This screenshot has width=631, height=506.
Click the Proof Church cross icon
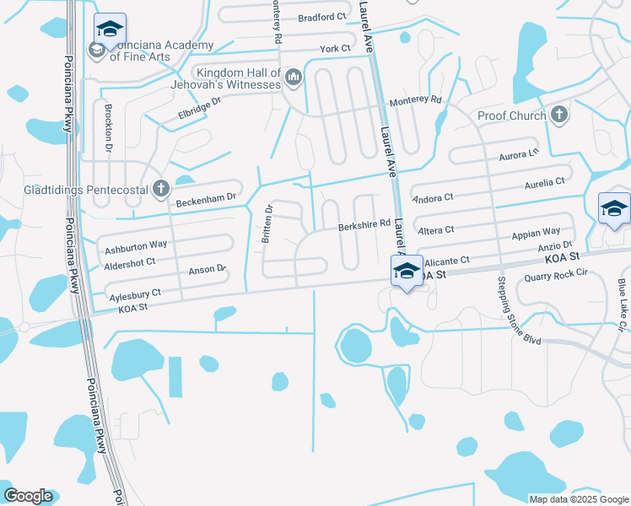pos(558,115)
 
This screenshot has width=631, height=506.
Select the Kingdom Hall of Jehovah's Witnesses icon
pos(294,78)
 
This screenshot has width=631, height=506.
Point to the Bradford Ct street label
pos(321,16)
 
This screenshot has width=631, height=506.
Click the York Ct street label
pos(335,49)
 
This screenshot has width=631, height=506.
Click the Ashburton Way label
pos(135,247)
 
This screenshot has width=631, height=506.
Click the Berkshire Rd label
pos(364,225)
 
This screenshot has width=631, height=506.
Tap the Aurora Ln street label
pos(520,154)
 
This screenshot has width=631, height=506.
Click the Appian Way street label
pos(536,231)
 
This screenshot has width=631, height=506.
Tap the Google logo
pos(28,496)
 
